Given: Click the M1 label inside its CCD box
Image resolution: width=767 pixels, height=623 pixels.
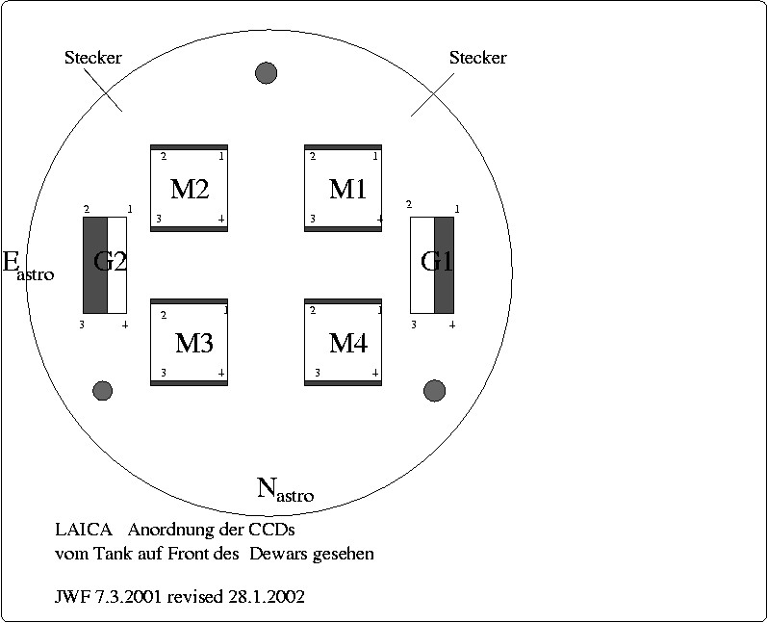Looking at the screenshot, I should tap(347, 189).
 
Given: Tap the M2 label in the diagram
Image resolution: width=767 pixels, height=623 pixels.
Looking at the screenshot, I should tap(190, 189).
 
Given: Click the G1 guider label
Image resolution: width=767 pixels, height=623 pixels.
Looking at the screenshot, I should tap(437, 262).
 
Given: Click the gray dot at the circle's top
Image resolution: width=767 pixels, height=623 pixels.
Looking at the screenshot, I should tap(266, 72).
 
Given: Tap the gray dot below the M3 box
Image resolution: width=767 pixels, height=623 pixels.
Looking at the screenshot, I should tap(102, 390).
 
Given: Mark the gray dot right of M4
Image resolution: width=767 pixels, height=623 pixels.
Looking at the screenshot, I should tap(434, 390).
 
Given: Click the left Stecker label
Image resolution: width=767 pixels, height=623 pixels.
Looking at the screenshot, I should tap(92, 58).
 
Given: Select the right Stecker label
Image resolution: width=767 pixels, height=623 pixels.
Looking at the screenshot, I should tap(477, 58).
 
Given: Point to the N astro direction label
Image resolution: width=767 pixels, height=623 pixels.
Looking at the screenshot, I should tap(285, 490).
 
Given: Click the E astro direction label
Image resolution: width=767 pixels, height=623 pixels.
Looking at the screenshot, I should tap(28, 267).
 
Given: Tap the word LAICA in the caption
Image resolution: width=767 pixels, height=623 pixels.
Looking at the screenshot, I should tap(84, 530).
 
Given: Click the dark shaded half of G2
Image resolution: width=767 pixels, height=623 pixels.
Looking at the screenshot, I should tap(94, 265).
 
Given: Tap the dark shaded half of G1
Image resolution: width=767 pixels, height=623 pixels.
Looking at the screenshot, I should tap(444, 265).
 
